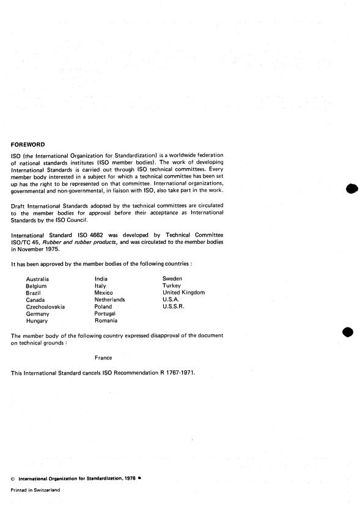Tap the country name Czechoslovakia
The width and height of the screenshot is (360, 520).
[46, 307]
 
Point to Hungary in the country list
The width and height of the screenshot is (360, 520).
[37, 321]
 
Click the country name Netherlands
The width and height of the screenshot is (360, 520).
[110, 299]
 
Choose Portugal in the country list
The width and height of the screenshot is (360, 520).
[105, 313]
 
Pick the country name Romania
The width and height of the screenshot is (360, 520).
[106, 321]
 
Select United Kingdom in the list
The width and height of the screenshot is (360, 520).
[183, 292]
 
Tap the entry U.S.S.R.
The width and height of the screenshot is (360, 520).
[174, 307]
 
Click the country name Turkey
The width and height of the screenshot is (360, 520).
[172, 285]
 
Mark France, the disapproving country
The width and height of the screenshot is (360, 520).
[103, 357]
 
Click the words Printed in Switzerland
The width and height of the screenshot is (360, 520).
[36, 489]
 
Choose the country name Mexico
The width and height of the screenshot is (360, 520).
[104, 292]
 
